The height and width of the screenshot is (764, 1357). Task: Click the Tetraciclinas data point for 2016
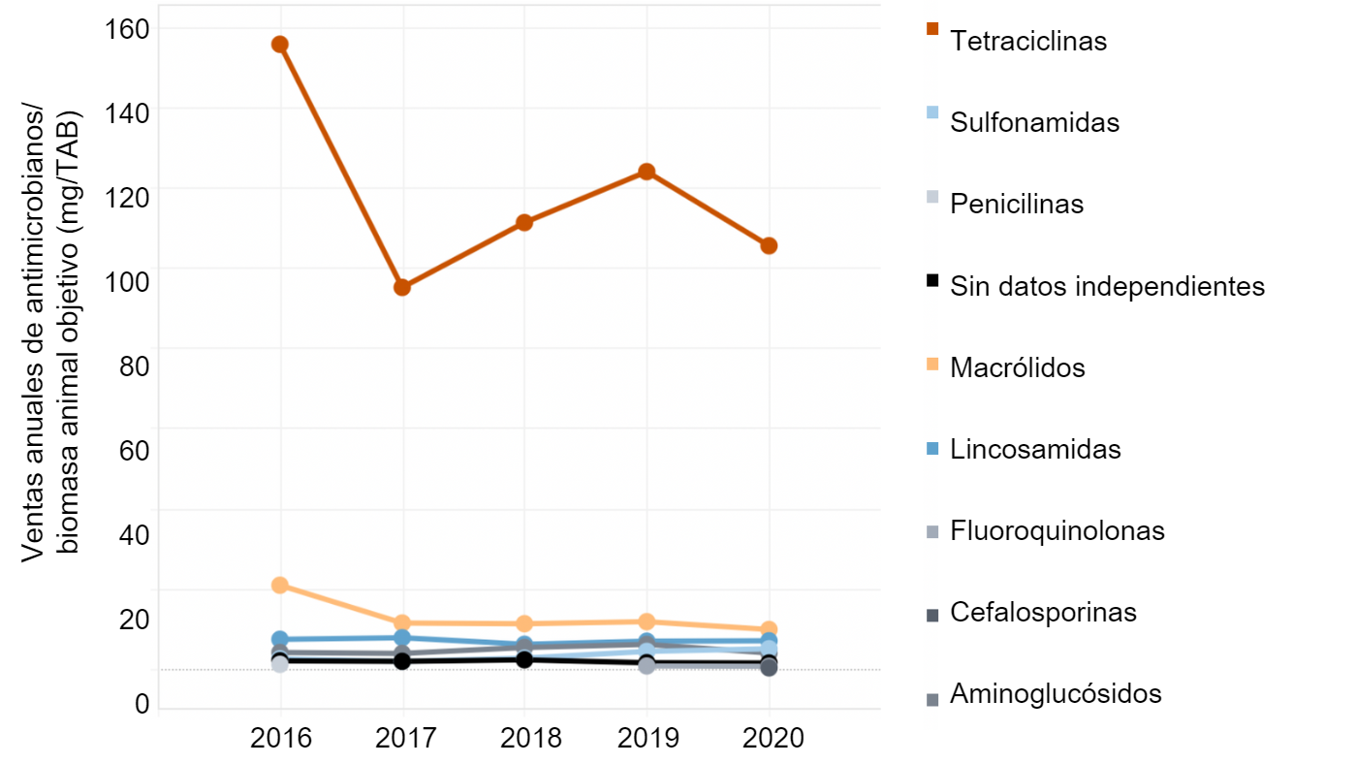pos(280,44)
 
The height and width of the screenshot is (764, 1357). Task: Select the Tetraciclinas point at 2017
pos(402,287)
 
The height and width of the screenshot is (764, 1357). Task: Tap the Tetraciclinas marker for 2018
pos(524,222)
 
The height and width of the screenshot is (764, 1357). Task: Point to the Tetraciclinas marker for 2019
pos(647,172)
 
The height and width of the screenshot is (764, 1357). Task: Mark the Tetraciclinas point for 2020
pos(769,245)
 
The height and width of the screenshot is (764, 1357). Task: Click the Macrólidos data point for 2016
pos(280,585)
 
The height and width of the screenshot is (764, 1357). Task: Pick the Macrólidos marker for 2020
pos(769,629)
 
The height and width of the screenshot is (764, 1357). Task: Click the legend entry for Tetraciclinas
pos(1028,42)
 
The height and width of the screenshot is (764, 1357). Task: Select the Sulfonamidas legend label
pos(1034,123)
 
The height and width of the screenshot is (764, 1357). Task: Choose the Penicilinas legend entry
pos(1017,205)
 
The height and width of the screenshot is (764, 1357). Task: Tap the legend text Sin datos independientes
pos(1107,286)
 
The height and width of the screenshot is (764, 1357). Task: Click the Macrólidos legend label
pos(1018,368)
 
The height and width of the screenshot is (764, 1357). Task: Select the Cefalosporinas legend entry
pos(1043,613)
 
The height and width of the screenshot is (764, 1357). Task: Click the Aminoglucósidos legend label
pos(1056,694)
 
